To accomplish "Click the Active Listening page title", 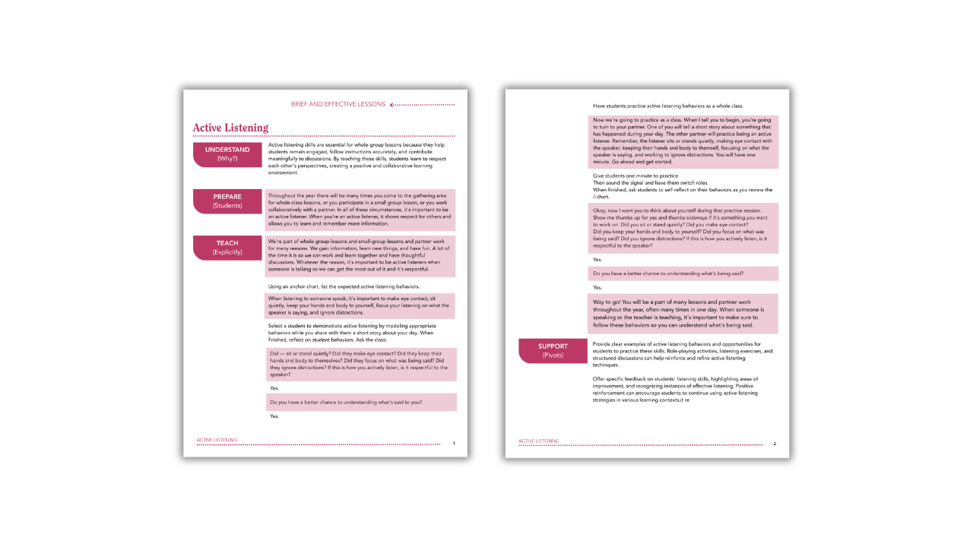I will pos(230,128).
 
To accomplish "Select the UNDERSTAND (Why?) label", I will pos(227,154).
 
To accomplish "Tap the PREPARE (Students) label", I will pos(227,201).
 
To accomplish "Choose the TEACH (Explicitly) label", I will pos(227,248).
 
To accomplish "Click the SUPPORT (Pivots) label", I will pos(553,350).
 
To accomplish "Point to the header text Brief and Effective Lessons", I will pos(338,104).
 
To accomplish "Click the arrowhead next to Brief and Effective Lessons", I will pos(392,105).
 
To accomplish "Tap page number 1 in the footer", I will pos(454,443).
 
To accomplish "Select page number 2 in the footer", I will pos(775,444).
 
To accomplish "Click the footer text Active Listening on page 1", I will pos(217,440).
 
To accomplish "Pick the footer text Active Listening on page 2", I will pos(538,441).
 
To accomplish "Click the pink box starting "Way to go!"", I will pos(683,314).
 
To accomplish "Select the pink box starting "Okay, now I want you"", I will pos(683,228).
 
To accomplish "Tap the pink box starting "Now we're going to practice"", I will pos(683,141).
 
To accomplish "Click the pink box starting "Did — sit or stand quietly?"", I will pos(361,364).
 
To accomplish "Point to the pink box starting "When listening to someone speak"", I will pos(361,305).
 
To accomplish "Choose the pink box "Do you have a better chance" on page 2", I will pos(683,273).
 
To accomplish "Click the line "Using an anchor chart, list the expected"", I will pos(344,286).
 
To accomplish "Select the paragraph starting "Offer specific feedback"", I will pos(675,388).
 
